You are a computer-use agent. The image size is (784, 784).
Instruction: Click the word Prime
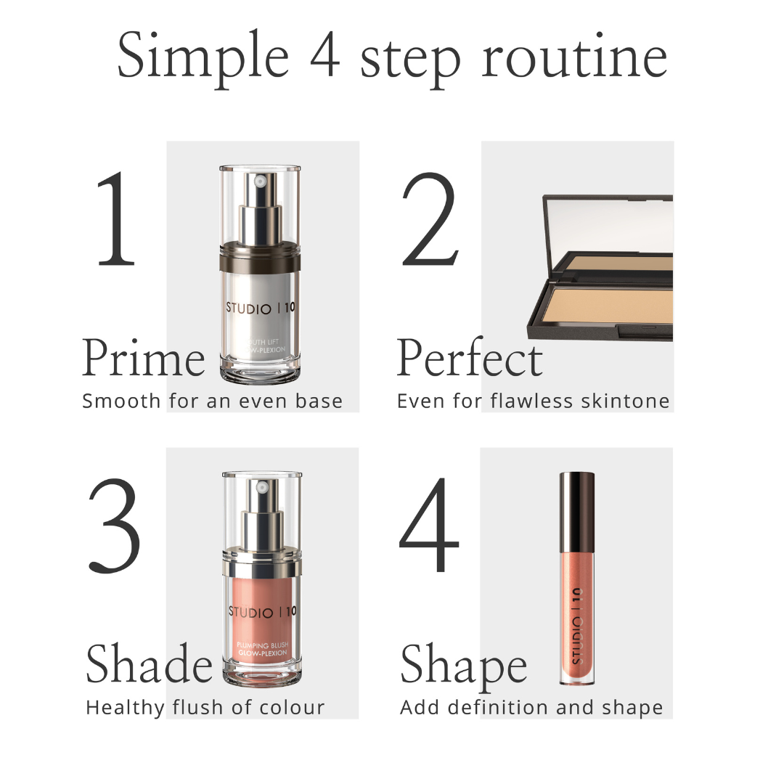[143, 359]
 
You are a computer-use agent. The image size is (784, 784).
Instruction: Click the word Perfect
[470, 359]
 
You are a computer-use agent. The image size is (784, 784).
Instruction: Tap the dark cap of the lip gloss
[577, 508]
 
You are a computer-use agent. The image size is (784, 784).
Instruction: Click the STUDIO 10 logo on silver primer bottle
[261, 307]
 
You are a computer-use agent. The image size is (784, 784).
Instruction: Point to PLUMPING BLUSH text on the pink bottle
[261, 645]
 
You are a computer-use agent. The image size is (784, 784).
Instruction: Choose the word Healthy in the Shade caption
[126, 707]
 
